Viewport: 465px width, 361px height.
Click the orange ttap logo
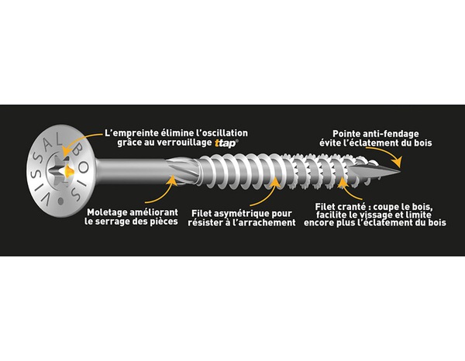coord(226,143)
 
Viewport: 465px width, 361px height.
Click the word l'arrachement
coord(263,222)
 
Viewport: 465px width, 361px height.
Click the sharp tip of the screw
coord(401,171)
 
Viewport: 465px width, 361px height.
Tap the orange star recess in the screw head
coord(69,171)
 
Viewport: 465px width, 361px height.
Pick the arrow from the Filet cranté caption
coord(350,189)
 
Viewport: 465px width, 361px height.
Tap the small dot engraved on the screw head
coord(61,201)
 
